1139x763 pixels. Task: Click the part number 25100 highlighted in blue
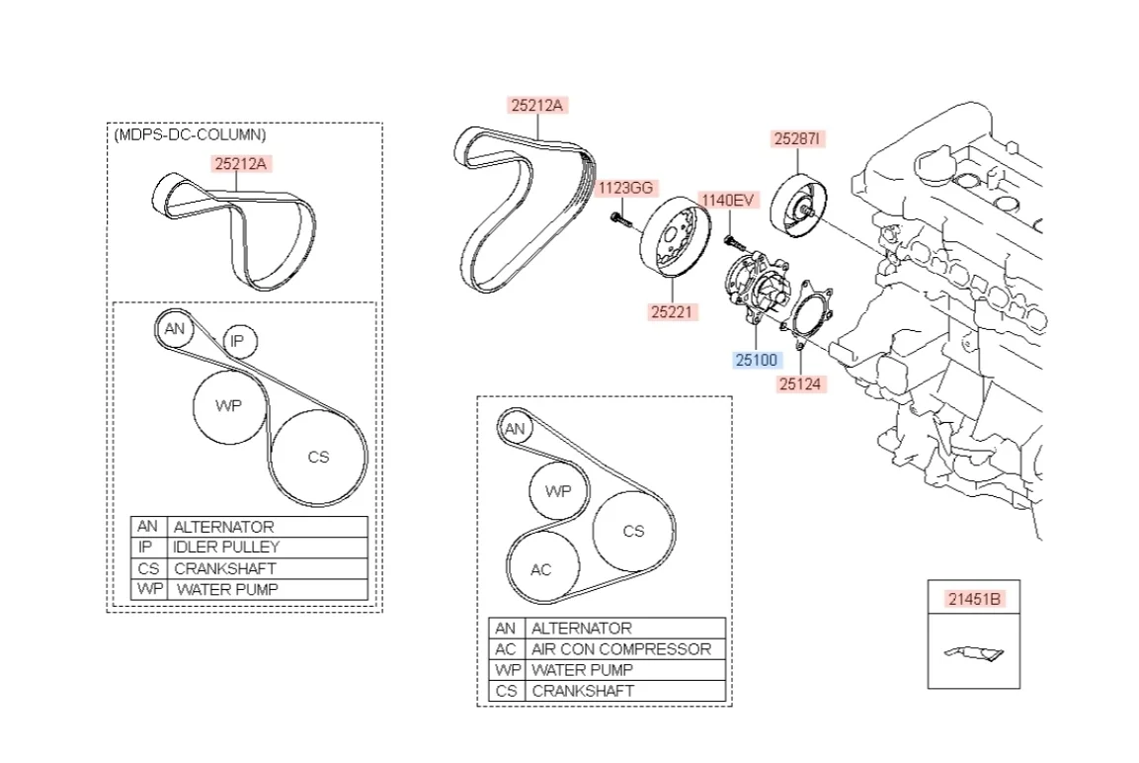click(756, 360)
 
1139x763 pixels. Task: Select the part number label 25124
click(800, 383)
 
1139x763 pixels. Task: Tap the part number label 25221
click(674, 312)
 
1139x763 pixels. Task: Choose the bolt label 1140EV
click(727, 201)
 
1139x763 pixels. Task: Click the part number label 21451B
click(974, 599)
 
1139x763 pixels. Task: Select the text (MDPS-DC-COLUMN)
click(190, 134)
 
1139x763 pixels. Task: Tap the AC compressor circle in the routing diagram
click(541, 569)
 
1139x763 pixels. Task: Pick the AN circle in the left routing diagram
click(175, 329)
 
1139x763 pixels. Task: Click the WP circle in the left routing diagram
click(228, 406)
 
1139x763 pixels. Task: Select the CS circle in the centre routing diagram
click(633, 531)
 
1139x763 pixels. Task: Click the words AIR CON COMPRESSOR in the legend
click(620, 649)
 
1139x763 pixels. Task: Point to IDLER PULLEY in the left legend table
click(226, 547)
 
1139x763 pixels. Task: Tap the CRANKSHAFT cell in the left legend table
click(224, 568)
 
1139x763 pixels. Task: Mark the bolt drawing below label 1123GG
click(619, 218)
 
